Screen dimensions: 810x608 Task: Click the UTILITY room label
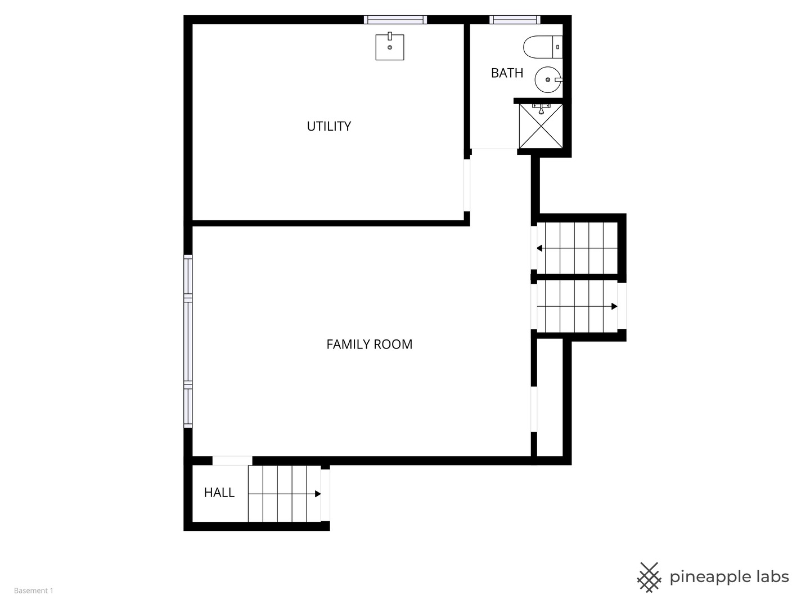tap(329, 126)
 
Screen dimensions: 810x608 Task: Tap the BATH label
tap(507, 73)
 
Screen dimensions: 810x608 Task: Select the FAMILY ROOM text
tap(370, 345)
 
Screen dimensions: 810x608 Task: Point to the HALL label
tap(219, 493)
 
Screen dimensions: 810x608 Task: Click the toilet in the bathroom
tap(543, 47)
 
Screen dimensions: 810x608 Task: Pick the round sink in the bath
tap(548, 79)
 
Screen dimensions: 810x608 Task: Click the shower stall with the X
tap(541, 126)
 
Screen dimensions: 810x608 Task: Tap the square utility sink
tap(390, 47)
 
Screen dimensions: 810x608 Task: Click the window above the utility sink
tap(395, 20)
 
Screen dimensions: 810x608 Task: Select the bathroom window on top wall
tap(515, 20)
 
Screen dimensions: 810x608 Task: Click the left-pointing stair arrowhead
tap(539, 248)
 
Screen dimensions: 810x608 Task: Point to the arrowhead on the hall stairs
tap(318, 494)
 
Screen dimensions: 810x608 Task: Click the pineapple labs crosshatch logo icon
tap(649, 578)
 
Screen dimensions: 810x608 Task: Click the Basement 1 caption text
tap(34, 591)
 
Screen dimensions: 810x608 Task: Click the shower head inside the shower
tap(541, 109)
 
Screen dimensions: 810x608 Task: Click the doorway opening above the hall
tap(232, 461)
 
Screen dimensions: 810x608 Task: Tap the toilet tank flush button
tap(557, 47)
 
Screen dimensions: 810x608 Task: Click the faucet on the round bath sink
tap(559, 79)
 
